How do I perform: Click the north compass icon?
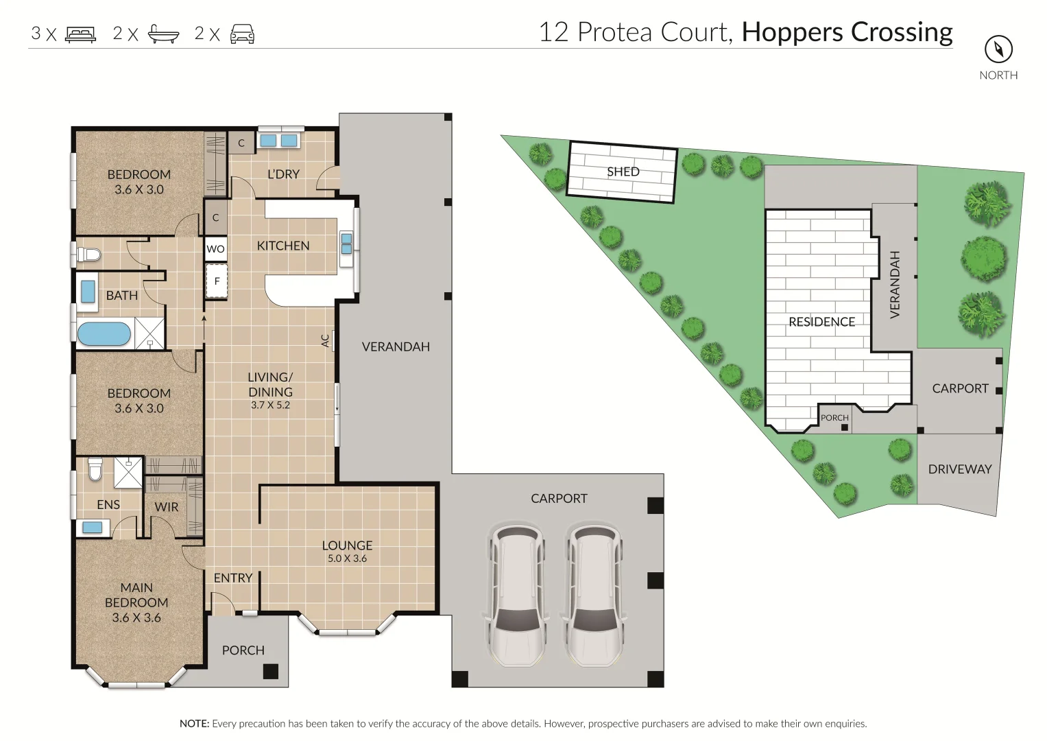pos(998,49)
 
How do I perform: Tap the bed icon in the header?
pos(81,34)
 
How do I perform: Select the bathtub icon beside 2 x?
pos(164,34)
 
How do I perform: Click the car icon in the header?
pos(242,34)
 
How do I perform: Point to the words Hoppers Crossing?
pos(847,32)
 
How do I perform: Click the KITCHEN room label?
pos(283,246)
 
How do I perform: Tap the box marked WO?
pos(215,249)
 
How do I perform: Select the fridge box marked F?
pos(217,281)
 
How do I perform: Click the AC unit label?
pos(326,340)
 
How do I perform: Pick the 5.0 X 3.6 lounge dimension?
pos(347,558)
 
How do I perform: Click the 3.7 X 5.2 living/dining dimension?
pos(270,405)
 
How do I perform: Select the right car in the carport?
pos(594,595)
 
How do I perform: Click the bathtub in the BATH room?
pos(104,335)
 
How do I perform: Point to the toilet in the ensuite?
pos(95,470)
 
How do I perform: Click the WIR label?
pos(167,507)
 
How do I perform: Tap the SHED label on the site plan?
pos(623,172)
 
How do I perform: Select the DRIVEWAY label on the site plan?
pos(959,469)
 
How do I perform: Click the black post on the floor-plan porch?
pos(271,671)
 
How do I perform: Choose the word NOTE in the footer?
pos(194,724)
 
